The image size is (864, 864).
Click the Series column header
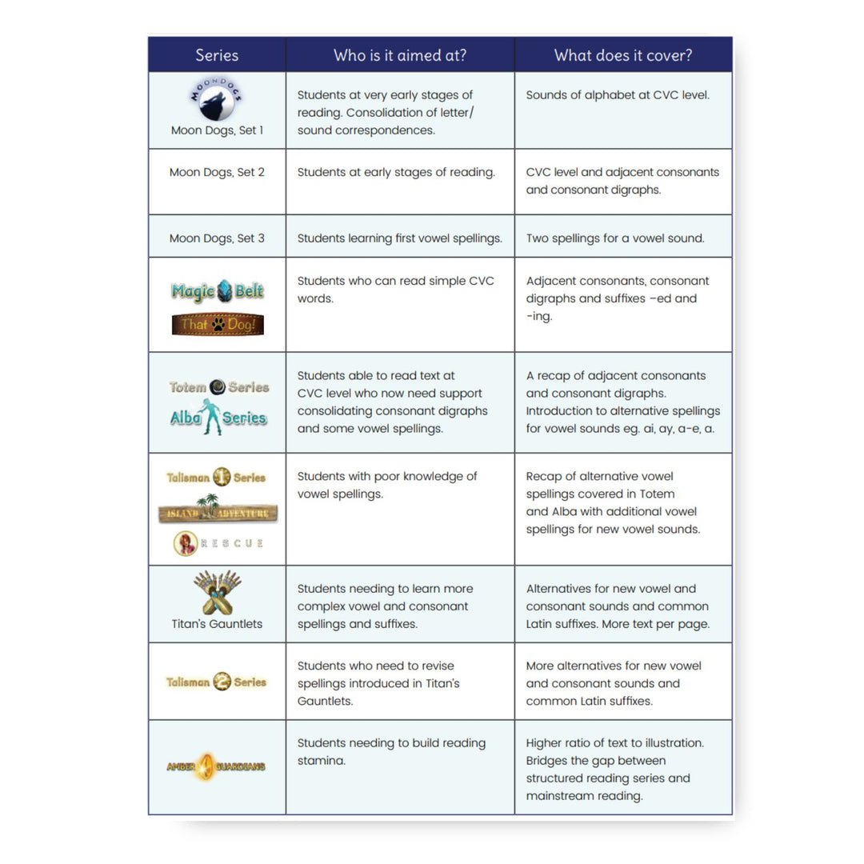217,55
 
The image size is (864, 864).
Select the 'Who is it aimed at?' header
400,55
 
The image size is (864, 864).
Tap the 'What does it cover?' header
623,55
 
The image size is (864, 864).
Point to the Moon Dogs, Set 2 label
217,172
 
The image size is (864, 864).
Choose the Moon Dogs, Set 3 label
217,238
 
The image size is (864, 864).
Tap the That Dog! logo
217,324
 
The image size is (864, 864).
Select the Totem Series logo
218,387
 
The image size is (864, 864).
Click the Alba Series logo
218,417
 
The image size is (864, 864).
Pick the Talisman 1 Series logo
216,478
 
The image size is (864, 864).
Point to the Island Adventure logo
218,510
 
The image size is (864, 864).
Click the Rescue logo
218,543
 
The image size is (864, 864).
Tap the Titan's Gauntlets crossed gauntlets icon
217,592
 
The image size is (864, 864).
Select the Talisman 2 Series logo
216,682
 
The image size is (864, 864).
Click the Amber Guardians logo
216,766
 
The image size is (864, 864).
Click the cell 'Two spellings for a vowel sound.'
615,238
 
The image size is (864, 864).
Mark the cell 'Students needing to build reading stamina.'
391,751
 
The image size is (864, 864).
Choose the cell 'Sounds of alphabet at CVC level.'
618,95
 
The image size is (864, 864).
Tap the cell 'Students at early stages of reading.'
396,172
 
